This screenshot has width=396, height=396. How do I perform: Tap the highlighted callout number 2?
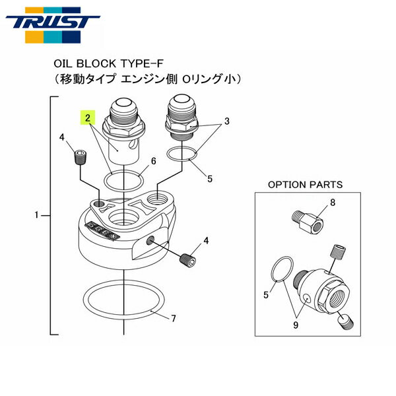(87, 118)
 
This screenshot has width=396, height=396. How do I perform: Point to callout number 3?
(226, 121)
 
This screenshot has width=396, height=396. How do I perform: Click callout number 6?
(153, 161)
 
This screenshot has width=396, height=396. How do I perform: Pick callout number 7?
(174, 319)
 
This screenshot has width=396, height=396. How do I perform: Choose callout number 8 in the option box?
(331, 204)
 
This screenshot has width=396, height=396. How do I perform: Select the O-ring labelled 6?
(125, 179)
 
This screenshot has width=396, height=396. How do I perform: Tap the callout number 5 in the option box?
(266, 294)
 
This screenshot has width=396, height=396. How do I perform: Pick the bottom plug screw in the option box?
(345, 321)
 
